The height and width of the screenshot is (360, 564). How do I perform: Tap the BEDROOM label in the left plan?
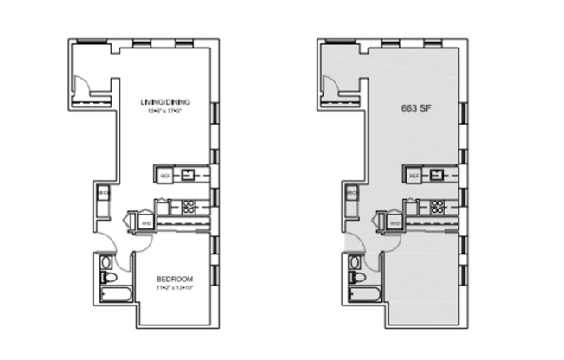pos(174,279)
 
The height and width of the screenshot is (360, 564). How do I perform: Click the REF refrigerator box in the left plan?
pos(164,176)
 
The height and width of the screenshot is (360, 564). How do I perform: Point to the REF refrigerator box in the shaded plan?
pos(413,176)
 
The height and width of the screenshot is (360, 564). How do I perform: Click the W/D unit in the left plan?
pos(145,222)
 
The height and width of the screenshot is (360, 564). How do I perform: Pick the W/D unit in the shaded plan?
pos(394,222)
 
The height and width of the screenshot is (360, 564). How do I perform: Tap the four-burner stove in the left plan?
pos(187,207)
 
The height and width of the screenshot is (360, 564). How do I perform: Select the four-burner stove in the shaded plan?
pos(436,207)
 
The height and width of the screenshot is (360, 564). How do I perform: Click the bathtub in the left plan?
pos(115,297)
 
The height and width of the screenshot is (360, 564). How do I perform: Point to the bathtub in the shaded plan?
pos(364,297)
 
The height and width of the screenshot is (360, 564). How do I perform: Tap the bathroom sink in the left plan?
pos(106,262)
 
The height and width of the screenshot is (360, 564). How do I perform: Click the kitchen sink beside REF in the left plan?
pos(187,175)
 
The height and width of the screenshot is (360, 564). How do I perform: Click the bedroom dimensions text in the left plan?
pos(174,287)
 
